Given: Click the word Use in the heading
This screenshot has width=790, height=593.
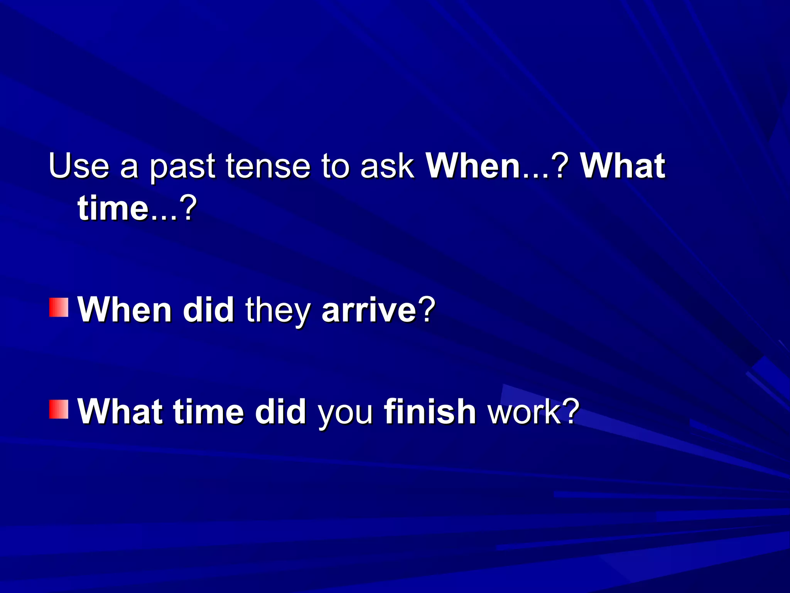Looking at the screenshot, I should pos(79,166).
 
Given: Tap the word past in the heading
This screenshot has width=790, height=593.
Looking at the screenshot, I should pos(182,167).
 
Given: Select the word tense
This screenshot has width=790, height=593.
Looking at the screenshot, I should pos(268,166).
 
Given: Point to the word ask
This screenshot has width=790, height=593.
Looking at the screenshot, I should pos(387,166).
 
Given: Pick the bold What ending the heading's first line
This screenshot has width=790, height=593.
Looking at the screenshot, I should pos(623,166).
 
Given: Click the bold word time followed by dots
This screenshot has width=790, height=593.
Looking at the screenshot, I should pos(113,208).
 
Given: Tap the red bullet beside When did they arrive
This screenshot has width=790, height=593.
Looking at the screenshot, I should pos(59,307).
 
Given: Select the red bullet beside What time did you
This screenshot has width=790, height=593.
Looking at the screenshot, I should pos(59,409).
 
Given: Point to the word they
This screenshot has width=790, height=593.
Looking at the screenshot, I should pos(278,311).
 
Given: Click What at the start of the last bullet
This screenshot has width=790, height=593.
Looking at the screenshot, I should pos(120,412).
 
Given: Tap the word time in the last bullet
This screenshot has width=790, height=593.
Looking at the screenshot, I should pos(208,412).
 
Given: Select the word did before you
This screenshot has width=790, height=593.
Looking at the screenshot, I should pos(280,412).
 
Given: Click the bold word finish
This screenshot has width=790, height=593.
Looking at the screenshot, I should pos(430,412).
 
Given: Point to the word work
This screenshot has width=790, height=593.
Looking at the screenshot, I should pos(524,412).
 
